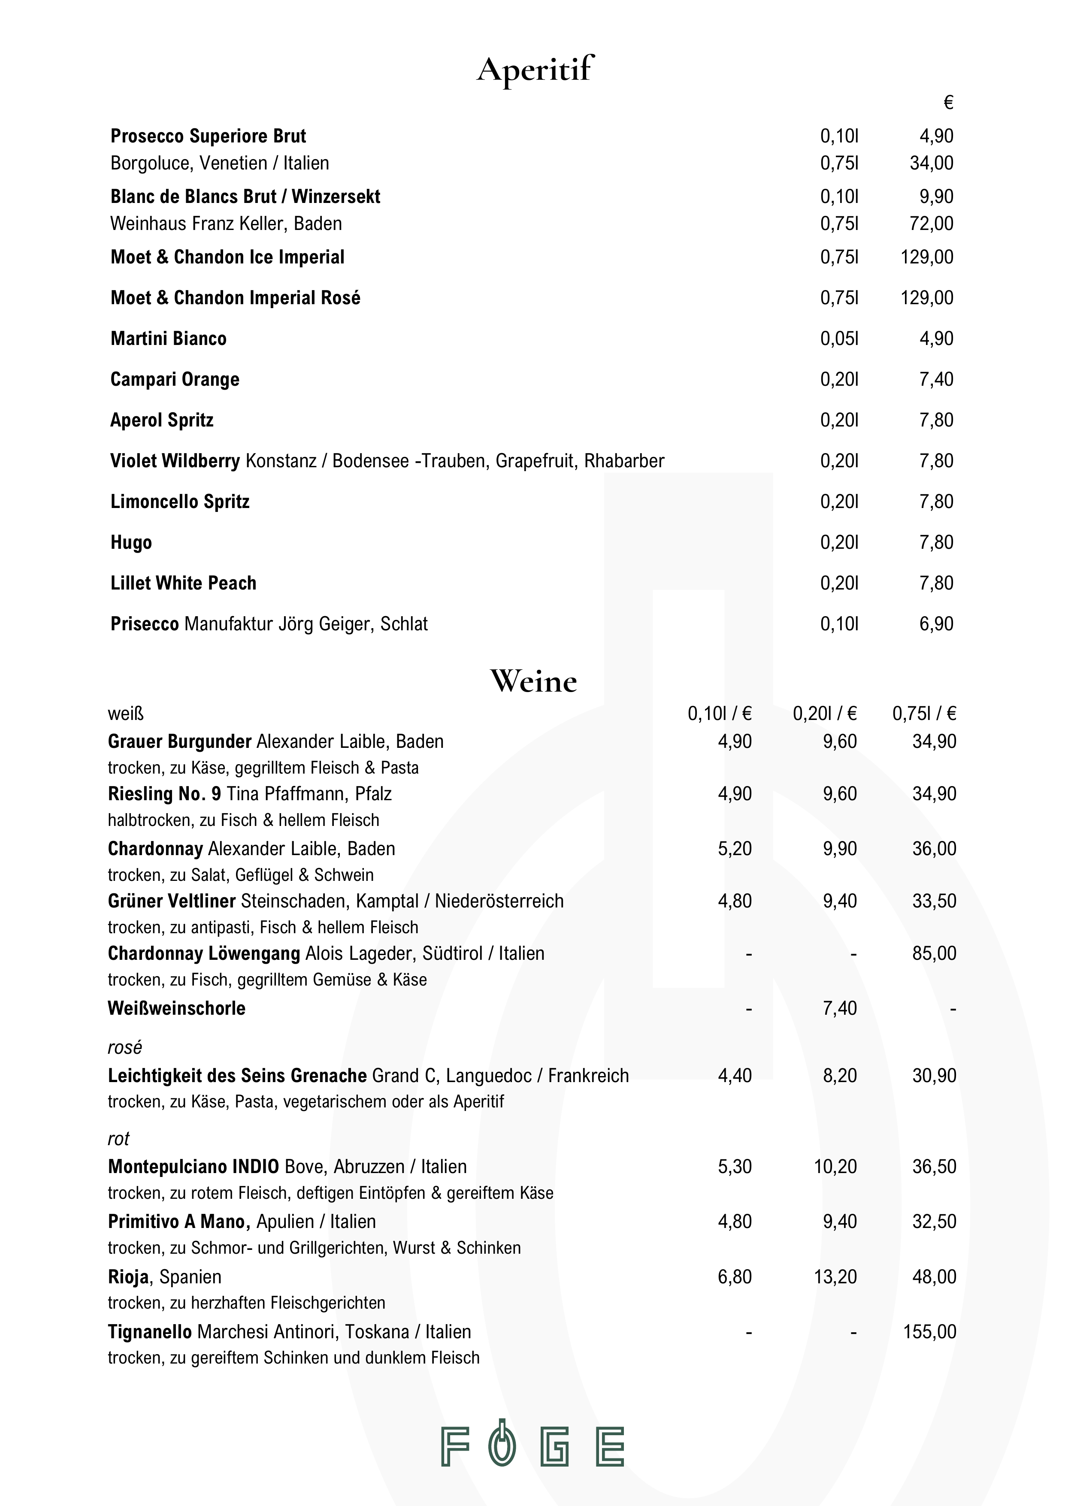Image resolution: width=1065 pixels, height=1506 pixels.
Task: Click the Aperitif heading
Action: [535, 70]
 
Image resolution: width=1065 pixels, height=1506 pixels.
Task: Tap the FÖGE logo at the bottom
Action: [532, 1446]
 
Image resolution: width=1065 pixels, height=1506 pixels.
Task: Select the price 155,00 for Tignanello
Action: [929, 1331]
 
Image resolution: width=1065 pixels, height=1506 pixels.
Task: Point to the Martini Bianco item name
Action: [169, 339]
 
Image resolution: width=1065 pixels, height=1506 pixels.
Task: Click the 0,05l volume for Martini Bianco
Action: [839, 339]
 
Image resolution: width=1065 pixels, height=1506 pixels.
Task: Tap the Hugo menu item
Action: [131, 542]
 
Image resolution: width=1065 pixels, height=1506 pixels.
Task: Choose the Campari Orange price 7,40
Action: [936, 379]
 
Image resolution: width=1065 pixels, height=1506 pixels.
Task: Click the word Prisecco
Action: [144, 624]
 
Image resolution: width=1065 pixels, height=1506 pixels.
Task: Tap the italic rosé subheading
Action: [124, 1047]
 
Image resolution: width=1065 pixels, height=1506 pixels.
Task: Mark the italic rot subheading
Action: [119, 1139]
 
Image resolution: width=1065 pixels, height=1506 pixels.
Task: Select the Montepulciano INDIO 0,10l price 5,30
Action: [735, 1166]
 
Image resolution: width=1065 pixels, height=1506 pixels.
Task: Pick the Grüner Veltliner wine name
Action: [172, 901]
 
